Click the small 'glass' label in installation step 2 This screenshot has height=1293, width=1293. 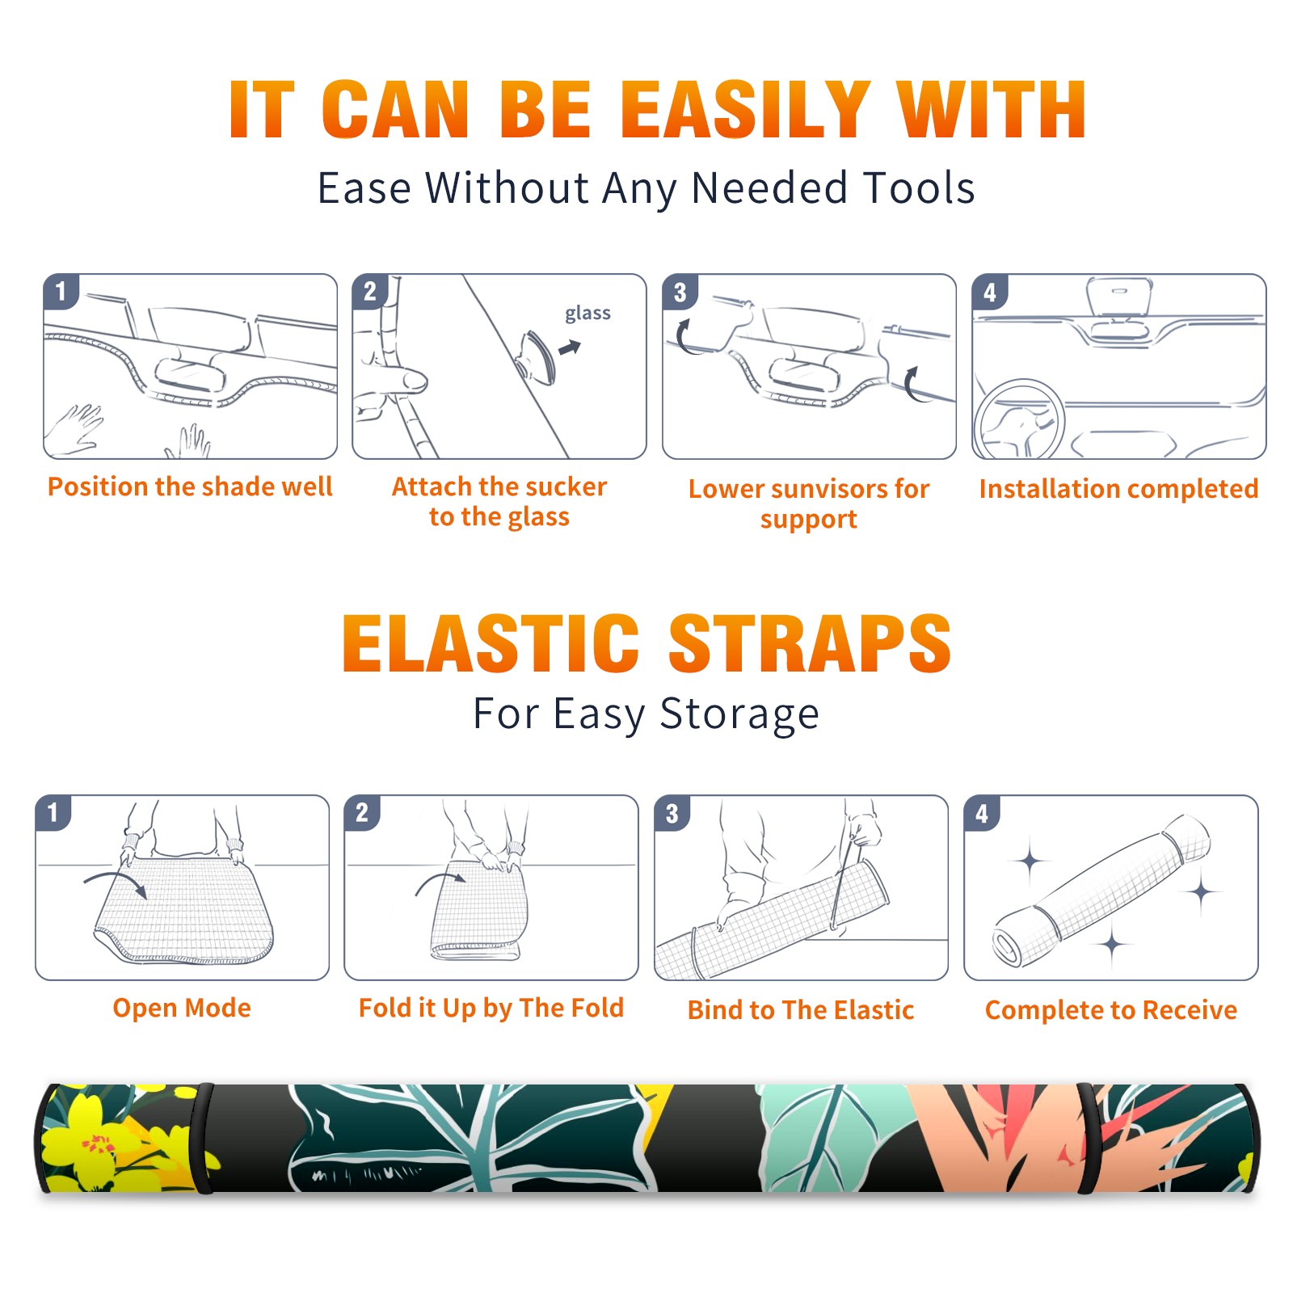[x=588, y=313]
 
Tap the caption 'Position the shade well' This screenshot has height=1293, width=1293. [x=190, y=486]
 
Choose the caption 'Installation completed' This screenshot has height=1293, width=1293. [x=1118, y=489]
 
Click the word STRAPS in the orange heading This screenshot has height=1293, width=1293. [x=810, y=643]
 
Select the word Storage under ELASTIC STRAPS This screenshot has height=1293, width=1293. [x=739, y=714]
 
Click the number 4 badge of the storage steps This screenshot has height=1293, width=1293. [x=982, y=813]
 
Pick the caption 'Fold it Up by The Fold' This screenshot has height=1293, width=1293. [x=491, y=1008]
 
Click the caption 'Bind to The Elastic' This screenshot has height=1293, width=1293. [x=801, y=1010]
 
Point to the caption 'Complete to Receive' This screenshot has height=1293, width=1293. [x=1111, y=1010]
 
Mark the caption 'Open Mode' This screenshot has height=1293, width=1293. [x=182, y=1008]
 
